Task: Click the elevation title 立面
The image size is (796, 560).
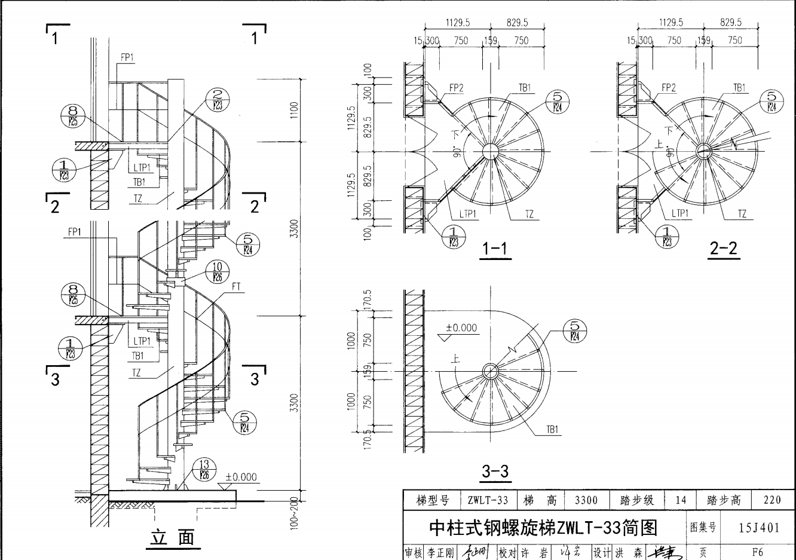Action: (x=172, y=537)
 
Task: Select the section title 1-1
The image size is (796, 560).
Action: (x=494, y=249)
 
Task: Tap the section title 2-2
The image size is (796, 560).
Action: (x=724, y=249)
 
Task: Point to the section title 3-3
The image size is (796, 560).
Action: (x=495, y=472)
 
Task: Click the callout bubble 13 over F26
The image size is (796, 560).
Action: (x=204, y=470)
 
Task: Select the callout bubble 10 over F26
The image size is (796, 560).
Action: (x=217, y=271)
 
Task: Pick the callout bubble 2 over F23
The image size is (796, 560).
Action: (x=217, y=99)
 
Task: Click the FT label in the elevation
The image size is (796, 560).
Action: (x=236, y=287)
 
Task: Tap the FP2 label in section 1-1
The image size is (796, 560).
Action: (x=456, y=88)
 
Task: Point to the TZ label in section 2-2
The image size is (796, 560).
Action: (x=742, y=214)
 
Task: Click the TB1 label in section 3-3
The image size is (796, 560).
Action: (x=552, y=429)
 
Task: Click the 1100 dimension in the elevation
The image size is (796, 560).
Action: (x=293, y=110)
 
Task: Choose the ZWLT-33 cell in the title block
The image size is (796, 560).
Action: (x=488, y=500)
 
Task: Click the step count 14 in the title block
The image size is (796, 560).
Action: (x=681, y=500)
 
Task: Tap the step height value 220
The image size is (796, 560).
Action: (x=772, y=500)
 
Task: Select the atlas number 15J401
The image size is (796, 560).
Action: (x=759, y=528)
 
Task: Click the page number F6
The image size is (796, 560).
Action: (x=758, y=553)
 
